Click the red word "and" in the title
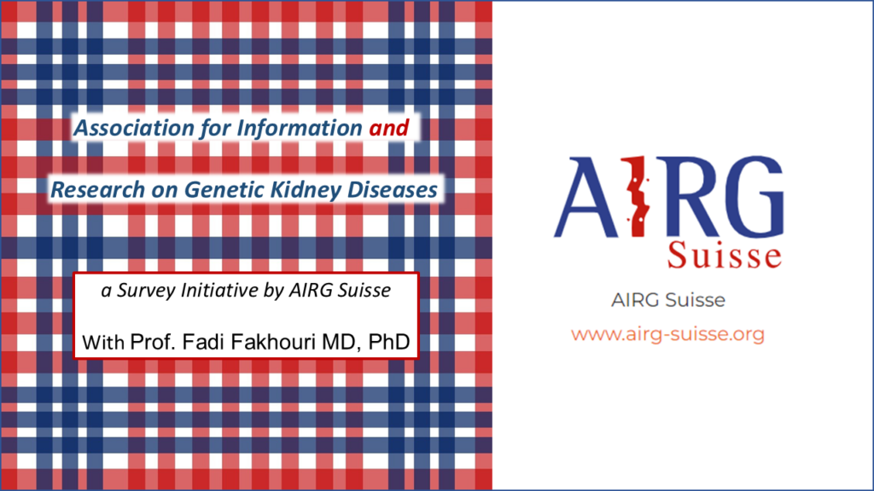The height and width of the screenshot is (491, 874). click(x=388, y=128)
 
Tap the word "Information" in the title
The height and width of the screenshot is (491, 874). click(x=300, y=128)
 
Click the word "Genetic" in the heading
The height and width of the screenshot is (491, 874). click(x=224, y=190)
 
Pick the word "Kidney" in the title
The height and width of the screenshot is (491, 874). click(x=306, y=190)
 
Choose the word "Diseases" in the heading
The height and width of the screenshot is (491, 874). click(x=393, y=190)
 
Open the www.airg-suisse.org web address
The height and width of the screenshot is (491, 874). click(x=667, y=334)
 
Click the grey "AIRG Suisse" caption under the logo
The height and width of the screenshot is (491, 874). click(x=667, y=300)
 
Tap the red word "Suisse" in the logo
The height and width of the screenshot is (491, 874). click(x=724, y=255)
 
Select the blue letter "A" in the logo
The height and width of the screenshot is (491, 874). click(x=586, y=198)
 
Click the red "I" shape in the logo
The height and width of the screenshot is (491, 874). click(x=637, y=197)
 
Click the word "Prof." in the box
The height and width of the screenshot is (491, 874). click(x=152, y=342)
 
